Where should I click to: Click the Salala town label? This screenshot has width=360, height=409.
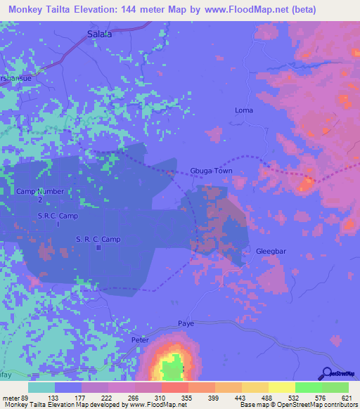coord(99,34)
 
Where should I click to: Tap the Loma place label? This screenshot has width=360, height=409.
coord(243,110)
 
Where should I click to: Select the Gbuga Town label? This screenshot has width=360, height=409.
coord(211,171)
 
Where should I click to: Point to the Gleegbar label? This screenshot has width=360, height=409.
coord(272,251)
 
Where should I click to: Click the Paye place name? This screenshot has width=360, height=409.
coord(186,323)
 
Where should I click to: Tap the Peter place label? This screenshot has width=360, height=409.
coord(141,339)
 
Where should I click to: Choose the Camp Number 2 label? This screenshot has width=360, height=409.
coord(40,195)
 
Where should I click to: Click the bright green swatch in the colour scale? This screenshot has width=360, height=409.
coord(309,387)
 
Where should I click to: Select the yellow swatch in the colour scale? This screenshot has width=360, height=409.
coord(281,387)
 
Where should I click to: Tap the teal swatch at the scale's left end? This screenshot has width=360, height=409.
coord(41,387)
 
